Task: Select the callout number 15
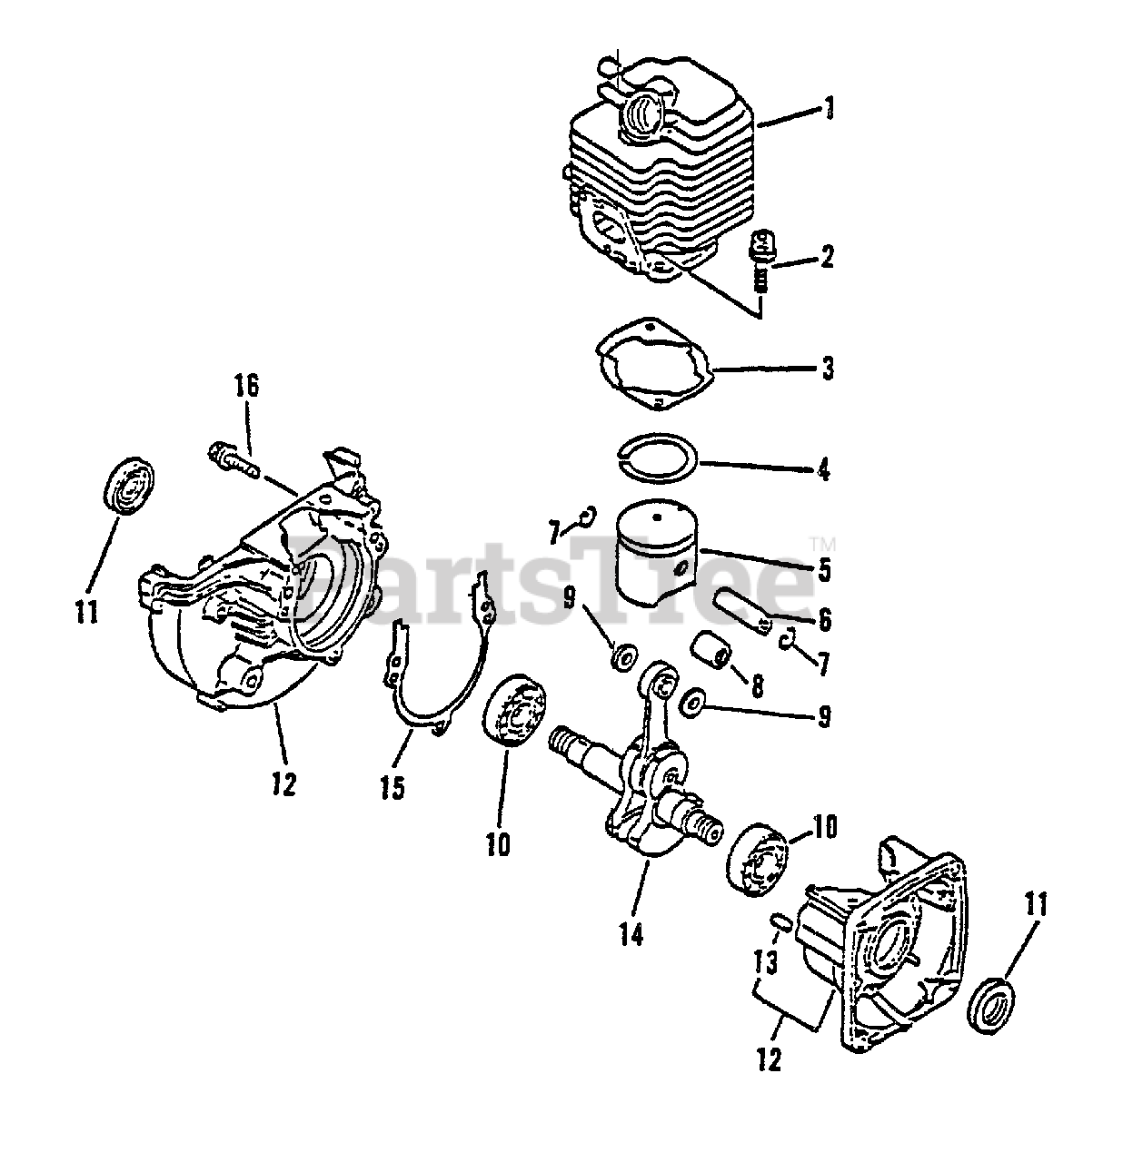[393, 786]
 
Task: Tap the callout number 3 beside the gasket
[827, 369]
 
